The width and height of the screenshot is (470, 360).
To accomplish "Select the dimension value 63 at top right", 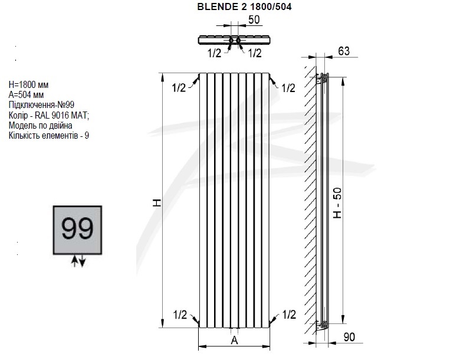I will (344, 51).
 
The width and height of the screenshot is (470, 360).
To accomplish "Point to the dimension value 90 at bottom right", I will (349, 338).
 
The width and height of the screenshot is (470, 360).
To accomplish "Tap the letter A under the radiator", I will (234, 340).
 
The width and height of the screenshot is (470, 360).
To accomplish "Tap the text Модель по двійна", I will (41, 126).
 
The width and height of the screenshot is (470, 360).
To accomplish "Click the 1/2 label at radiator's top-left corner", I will (179, 88).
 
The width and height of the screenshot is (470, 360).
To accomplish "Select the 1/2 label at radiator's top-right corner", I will (288, 88).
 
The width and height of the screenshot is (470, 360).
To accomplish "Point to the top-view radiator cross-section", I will (234, 41).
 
